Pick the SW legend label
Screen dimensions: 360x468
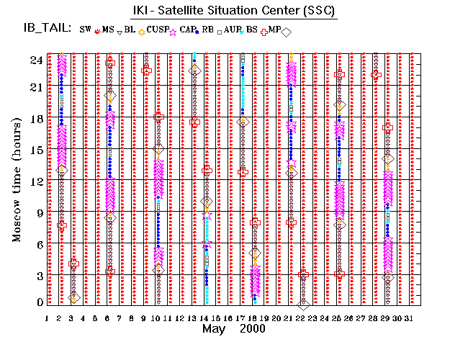[86, 30]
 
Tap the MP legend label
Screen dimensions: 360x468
[274, 30]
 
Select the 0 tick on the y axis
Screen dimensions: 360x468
[37, 302]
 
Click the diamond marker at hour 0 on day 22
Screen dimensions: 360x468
[303, 305]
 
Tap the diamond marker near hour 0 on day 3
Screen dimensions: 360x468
[73, 299]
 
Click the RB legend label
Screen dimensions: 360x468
[209, 30]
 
